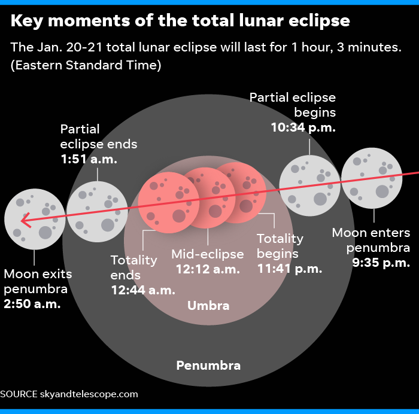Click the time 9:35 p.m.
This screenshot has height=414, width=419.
pyautogui.click(x=381, y=263)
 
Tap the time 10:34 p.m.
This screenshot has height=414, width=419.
pyautogui.click(x=303, y=127)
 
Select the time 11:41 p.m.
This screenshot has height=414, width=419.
pyautogui.click(x=290, y=269)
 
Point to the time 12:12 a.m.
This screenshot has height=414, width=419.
pyautogui.click(x=208, y=269)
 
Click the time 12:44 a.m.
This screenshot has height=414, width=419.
pyautogui.click(x=143, y=290)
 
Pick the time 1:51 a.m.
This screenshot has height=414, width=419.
pyautogui.click(x=89, y=159)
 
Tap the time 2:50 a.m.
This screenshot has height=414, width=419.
pyautogui.click(x=32, y=304)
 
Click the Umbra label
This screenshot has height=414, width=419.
pyautogui.click(x=208, y=306)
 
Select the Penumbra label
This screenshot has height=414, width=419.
pyautogui.click(x=208, y=366)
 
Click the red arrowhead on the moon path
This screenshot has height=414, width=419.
pyautogui.click(x=25, y=220)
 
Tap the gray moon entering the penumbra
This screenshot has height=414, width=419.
pyautogui.click(x=372, y=178)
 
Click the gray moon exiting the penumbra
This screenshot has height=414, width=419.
pyautogui.click(x=35, y=220)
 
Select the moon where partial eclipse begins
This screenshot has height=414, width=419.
pyautogui.click(x=309, y=185)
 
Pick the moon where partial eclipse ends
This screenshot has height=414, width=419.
pyautogui.click(x=97, y=212)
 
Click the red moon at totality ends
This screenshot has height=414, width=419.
pyautogui.click(x=169, y=203)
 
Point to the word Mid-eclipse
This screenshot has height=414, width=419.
pyautogui.click(x=208, y=254)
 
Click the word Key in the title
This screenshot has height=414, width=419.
pyautogui.click(x=27, y=22)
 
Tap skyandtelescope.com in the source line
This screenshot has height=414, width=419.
pyautogui.click(x=89, y=394)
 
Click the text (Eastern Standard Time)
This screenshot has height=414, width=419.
pyautogui.click(x=86, y=65)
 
